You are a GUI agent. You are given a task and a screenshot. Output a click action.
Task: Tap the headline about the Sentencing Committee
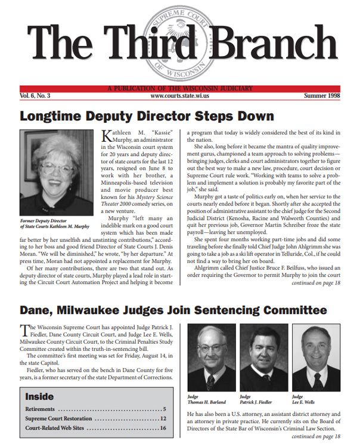[173, 310]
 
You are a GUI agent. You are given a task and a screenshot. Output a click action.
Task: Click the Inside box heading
[39, 396]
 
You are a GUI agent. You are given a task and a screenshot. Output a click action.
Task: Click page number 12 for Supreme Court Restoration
[162, 419]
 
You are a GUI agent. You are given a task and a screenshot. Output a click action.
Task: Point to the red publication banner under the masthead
[179, 88]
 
